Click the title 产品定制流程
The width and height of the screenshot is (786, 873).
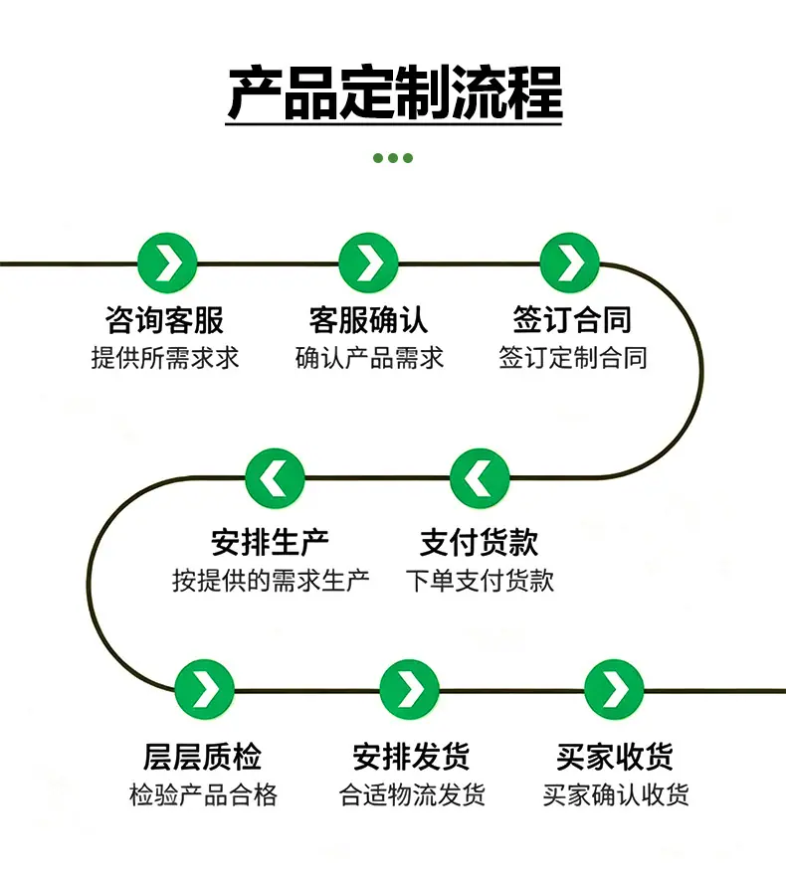[x=394, y=93]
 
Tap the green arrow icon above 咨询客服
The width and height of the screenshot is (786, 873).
[x=167, y=262]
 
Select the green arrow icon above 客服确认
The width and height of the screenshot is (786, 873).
[x=368, y=262]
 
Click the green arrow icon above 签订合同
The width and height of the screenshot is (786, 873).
[x=570, y=262]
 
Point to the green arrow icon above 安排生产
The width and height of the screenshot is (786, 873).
[x=275, y=478]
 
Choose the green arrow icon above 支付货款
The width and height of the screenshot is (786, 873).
[x=480, y=478]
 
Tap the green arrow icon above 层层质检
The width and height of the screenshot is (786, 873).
[x=204, y=689]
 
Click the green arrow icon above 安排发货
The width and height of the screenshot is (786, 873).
[x=410, y=689]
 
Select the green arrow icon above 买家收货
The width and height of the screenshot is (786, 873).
[x=614, y=689]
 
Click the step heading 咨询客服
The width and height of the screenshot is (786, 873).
[x=165, y=320]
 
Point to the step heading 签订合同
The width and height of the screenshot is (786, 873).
[x=572, y=320]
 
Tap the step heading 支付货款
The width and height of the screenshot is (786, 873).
[x=480, y=542]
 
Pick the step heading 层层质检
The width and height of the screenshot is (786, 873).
[x=202, y=757]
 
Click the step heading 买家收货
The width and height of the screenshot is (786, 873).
[x=615, y=757]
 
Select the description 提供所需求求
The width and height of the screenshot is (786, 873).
[x=165, y=358]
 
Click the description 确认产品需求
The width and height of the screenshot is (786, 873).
[x=369, y=358]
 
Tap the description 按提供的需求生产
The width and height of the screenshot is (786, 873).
[x=271, y=581]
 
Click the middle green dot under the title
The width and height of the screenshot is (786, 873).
[x=393, y=158]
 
